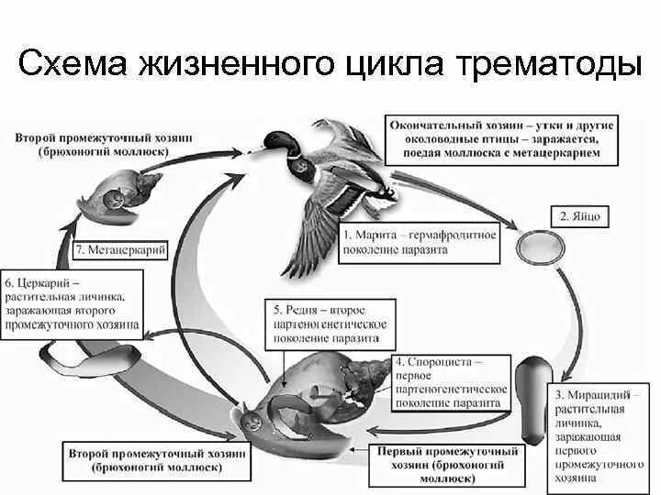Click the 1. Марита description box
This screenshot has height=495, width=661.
click(420, 241)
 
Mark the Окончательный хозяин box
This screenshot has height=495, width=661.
click(501, 138)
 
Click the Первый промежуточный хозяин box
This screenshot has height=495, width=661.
click(447, 464)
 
